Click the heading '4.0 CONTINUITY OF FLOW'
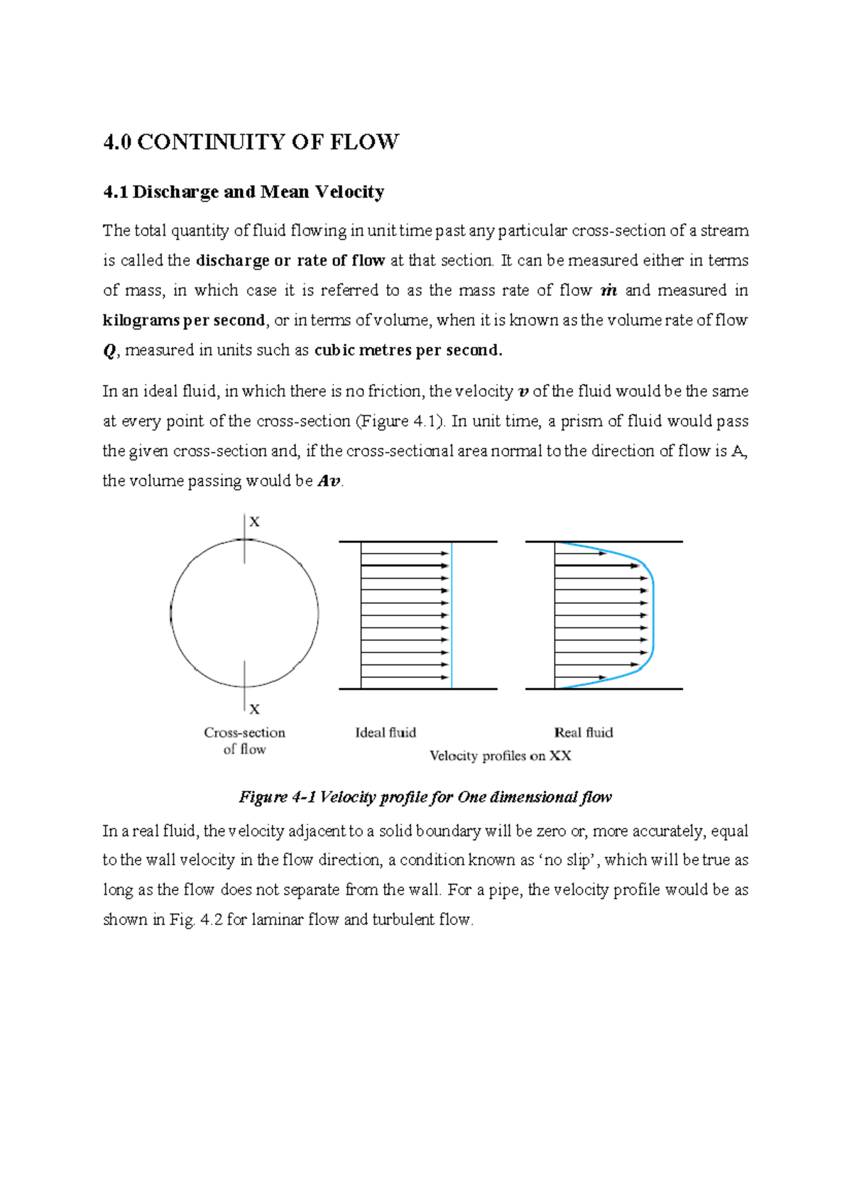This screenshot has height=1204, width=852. point(251,142)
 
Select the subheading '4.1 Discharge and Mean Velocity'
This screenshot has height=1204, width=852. point(244,192)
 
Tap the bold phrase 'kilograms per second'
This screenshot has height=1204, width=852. point(184,320)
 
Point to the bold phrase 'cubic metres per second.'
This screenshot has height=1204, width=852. point(408,350)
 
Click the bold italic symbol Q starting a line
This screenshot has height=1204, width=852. point(109,351)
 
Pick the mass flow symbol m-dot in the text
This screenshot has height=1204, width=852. point(608,290)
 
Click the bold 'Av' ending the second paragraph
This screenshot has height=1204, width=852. point(329,481)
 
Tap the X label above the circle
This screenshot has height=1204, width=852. point(255,522)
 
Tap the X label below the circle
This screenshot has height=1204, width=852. point(255,709)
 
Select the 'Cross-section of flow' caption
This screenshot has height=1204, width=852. point(244,740)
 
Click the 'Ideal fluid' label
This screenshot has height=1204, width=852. point(386,733)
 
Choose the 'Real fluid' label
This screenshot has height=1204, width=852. point(583,733)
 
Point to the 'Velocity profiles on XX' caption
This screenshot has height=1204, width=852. point(500,756)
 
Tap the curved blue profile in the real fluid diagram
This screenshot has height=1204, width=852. point(652,614)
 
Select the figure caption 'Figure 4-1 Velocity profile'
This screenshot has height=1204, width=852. point(425,797)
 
